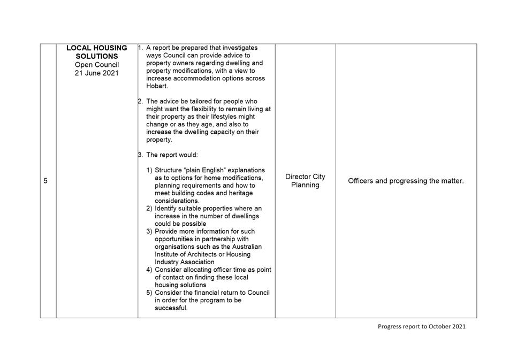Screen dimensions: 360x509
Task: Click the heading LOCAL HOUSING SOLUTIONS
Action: coord(97,52)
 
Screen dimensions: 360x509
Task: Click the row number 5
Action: coord(45,181)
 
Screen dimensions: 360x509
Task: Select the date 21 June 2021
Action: coord(97,73)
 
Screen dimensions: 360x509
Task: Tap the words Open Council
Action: coord(97,65)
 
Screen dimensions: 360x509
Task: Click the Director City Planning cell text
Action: coord(305,181)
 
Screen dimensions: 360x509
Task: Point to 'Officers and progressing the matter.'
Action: coord(406,181)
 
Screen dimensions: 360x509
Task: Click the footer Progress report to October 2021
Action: coord(421,326)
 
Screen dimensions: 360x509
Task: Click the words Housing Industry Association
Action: coord(196,258)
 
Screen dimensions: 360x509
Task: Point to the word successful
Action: coord(171,308)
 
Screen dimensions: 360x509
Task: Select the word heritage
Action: coord(238,193)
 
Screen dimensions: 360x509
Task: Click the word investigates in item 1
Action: coord(239,48)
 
